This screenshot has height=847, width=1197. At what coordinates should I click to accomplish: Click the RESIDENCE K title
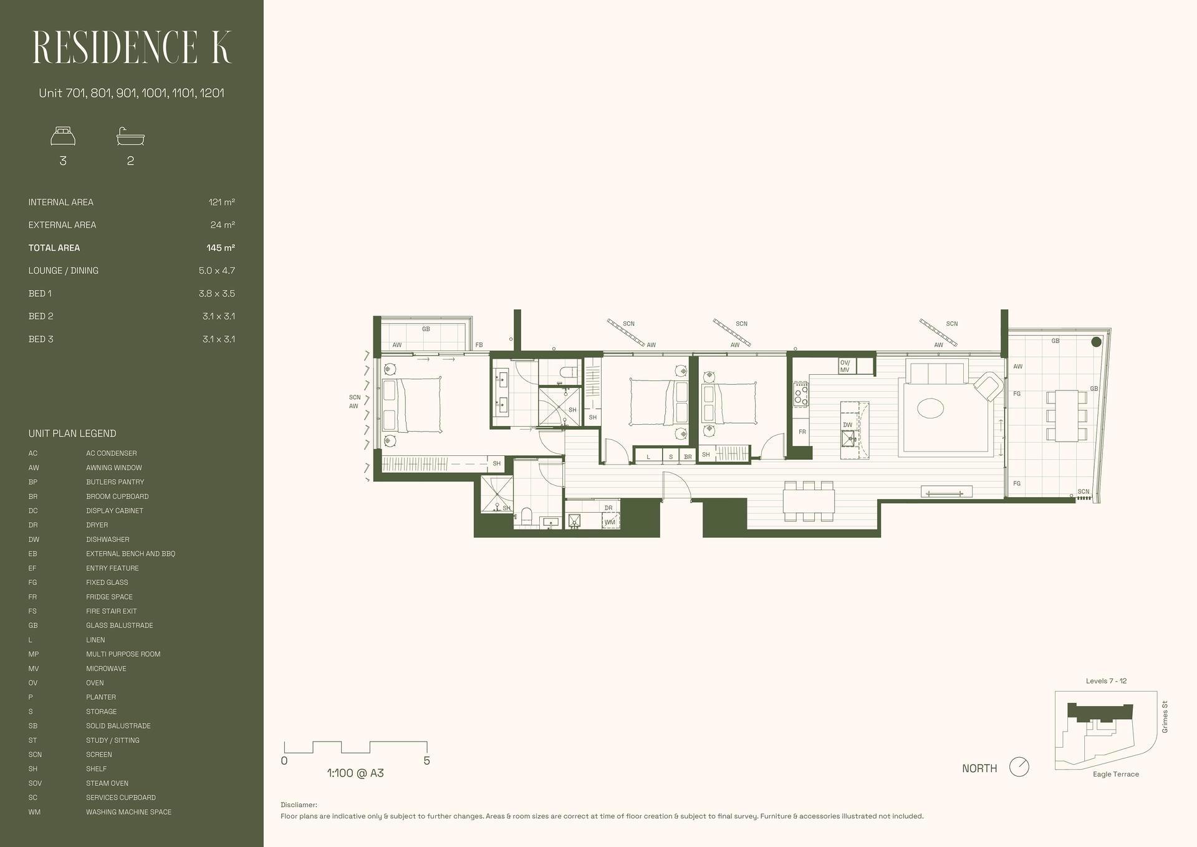tap(132, 47)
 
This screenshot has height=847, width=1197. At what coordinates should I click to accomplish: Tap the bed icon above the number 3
tap(63, 136)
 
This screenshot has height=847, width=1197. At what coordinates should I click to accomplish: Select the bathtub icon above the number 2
tap(130, 136)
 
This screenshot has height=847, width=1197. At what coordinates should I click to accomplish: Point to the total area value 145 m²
tap(221, 248)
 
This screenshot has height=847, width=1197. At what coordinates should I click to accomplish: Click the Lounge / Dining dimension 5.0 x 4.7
tap(217, 271)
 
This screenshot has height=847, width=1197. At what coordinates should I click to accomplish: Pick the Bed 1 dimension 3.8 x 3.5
tap(217, 293)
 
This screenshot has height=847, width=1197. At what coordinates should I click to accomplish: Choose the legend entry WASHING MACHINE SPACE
tap(128, 812)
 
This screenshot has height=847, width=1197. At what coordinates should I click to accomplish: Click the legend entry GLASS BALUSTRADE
tap(120, 626)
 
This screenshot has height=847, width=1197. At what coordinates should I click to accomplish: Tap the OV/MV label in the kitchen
tap(845, 366)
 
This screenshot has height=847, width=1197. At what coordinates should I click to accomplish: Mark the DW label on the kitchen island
tap(847, 425)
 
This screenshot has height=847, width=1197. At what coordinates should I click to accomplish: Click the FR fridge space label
tap(802, 432)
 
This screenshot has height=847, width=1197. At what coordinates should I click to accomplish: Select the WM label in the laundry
tap(610, 522)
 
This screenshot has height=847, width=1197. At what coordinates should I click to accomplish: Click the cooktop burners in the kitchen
tap(800, 394)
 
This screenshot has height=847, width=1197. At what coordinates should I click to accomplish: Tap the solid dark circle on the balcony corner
tap(1096, 342)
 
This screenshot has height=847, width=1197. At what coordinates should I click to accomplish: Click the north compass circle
tap(1019, 767)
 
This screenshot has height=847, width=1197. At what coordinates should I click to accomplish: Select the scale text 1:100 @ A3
tap(355, 773)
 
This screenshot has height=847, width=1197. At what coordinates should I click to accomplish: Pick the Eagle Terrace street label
tap(1116, 774)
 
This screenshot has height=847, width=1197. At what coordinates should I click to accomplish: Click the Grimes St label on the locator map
tap(1165, 717)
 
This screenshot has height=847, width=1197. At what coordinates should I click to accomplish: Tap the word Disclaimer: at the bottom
tap(299, 805)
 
